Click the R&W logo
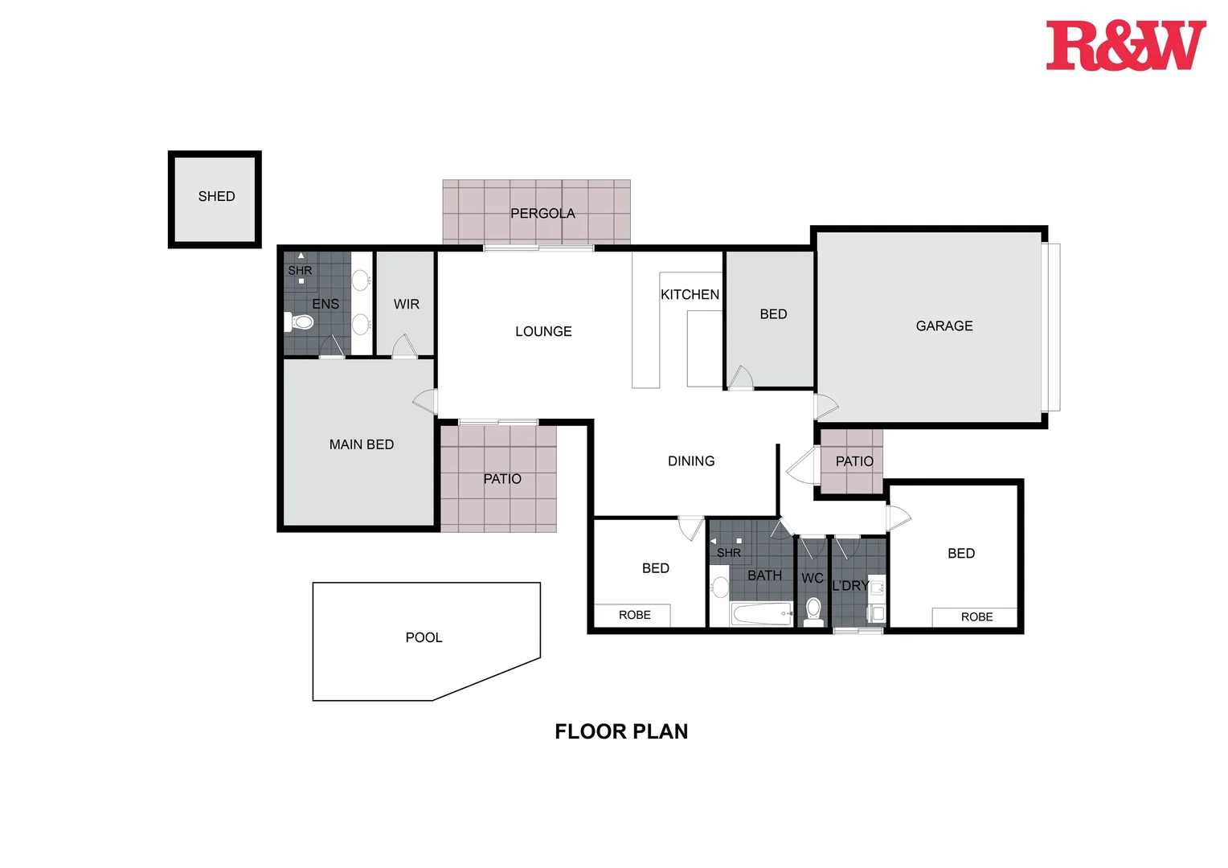(1125, 46)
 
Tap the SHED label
(216, 196)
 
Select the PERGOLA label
(542, 213)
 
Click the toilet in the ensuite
(300, 322)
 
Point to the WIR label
(406, 304)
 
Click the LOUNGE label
(543, 331)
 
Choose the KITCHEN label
(690, 294)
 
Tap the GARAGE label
(944, 325)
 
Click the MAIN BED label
(361, 444)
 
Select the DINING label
(690, 461)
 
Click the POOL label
(424, 637)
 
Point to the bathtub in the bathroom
(762, 615)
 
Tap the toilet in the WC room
(813, 610)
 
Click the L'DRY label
(850, 585)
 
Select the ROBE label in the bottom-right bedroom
(976, 616)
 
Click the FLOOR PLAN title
(621, 731)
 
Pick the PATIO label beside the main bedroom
(502, 479)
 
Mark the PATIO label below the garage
(853, 461)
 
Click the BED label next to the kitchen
(773, 313)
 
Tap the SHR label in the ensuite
(300, 271)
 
